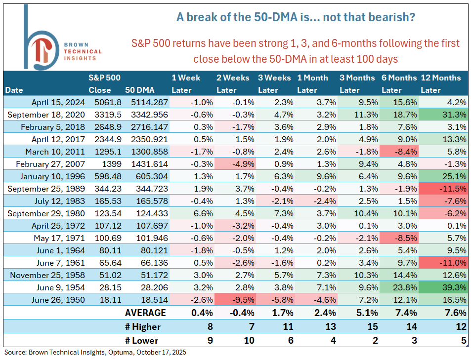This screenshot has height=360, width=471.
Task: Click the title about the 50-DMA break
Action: (296, 17)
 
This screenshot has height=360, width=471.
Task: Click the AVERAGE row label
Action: (145, 313)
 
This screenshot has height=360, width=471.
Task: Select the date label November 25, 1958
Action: (47, 275)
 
